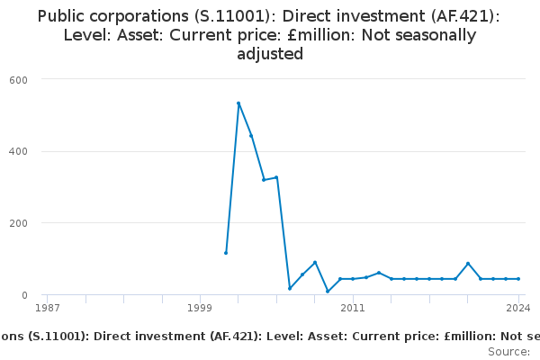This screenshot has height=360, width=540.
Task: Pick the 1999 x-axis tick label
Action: (x=200, y=309)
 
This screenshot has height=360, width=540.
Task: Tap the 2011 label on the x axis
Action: (x=353, y=309)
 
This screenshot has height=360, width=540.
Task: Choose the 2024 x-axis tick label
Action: (x=518, y=309)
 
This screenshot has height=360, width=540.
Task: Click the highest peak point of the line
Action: (x=238, y=103)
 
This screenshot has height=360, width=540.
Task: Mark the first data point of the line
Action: (x=226, y=253)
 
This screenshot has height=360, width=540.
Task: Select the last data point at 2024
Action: (x=518, y=279)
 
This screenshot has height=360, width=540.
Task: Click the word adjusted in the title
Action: (x=270, y=54)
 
